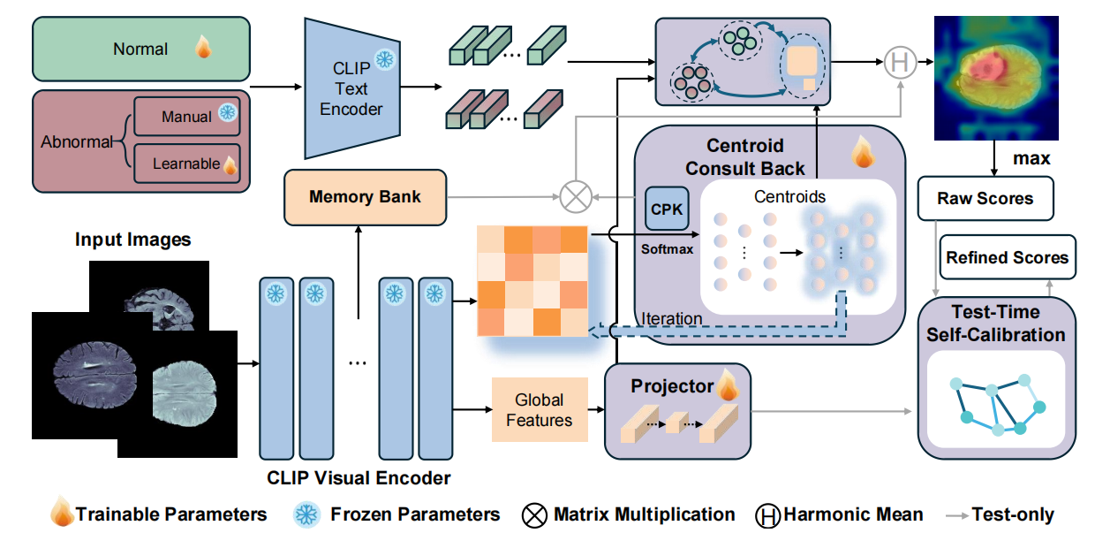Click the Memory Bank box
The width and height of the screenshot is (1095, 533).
[365, 196]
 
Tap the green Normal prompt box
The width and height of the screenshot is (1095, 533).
[140, 49]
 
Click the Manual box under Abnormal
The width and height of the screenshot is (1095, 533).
[186, 116]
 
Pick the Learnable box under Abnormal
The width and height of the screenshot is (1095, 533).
[186, 164]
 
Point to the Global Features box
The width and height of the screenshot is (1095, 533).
[539, 409]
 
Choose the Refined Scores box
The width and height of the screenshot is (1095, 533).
[1007, 258]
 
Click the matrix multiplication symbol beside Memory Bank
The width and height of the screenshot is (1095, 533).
[575, 196]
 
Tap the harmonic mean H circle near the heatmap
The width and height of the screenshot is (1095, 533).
[900, 62]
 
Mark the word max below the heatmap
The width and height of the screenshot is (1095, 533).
[1032, 159]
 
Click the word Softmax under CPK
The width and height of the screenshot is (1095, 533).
[667, 248]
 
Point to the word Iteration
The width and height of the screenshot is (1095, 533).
[672, 318]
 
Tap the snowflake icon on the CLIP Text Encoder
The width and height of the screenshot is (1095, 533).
[385, 59]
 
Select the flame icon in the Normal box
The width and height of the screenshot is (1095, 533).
[203, 48]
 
